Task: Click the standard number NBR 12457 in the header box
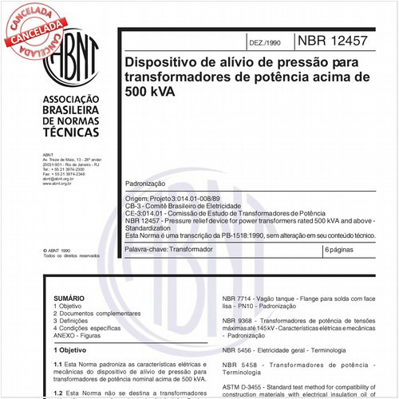coord(336,40)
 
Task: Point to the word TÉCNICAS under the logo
coord(69,131)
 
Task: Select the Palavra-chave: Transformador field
coord(169,251)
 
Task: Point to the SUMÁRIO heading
coord(69,296)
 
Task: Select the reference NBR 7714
coord(239,297)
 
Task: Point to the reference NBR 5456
coord(239,350)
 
